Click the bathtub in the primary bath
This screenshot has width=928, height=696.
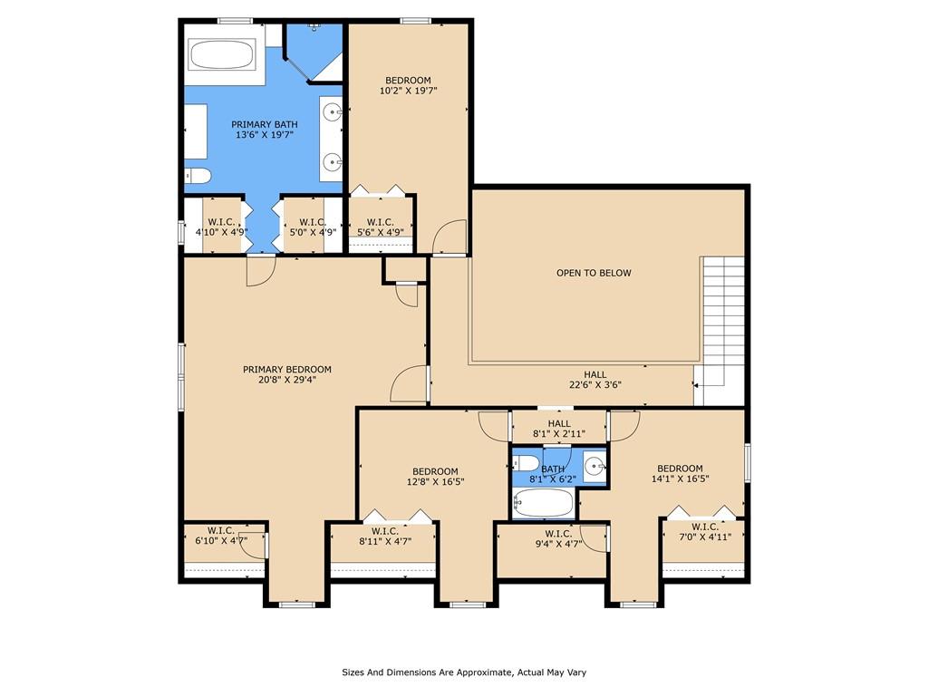tap(222, 54)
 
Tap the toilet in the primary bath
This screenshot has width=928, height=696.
tap(198, 175)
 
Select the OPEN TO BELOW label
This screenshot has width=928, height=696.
tap(594, 273)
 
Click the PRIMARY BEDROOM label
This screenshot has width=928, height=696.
tap(287, 370)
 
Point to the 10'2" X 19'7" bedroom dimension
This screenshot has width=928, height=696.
tap(409, 92)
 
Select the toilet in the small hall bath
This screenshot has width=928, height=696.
tap(526, 461)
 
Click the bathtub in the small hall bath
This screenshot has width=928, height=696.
tap(544, 504)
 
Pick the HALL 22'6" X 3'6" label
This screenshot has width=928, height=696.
tap(594, 380)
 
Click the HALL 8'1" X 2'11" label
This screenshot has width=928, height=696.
tap(559, 429)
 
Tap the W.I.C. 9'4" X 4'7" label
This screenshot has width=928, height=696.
tap(558, 538)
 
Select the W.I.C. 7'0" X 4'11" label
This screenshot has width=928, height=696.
tap(705, 531)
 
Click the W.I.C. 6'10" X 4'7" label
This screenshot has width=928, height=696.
tap(221, 535)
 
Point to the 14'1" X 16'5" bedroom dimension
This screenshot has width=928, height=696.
tap(680, 478)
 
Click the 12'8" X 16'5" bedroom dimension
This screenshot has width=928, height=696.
tap(435, 482)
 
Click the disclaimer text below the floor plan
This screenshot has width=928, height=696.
tap(464, 672)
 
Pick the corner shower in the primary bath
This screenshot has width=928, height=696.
tap(313, 52)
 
